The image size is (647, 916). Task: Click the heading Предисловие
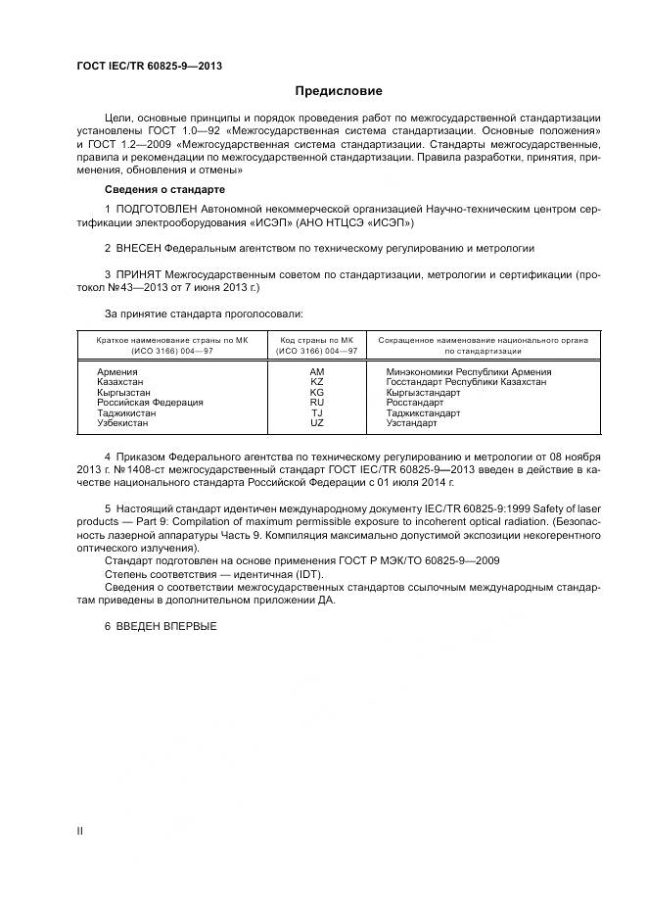click(324, 91)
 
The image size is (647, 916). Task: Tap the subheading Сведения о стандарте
click(164, 188)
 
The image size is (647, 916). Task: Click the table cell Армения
click(118, 372)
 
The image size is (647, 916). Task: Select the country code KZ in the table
click(316, 382)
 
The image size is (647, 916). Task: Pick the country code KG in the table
click(316, 392)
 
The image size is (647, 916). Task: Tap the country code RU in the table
click(316, 403)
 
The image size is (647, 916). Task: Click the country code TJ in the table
click(316, 412)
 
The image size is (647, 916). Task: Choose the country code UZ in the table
click(316, 422)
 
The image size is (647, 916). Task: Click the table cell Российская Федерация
click(150, 403)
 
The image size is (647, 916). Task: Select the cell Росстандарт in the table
click(415, 403)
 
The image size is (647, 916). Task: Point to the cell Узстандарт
click(413, 422)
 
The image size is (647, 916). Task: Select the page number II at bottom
click(80, 831)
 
